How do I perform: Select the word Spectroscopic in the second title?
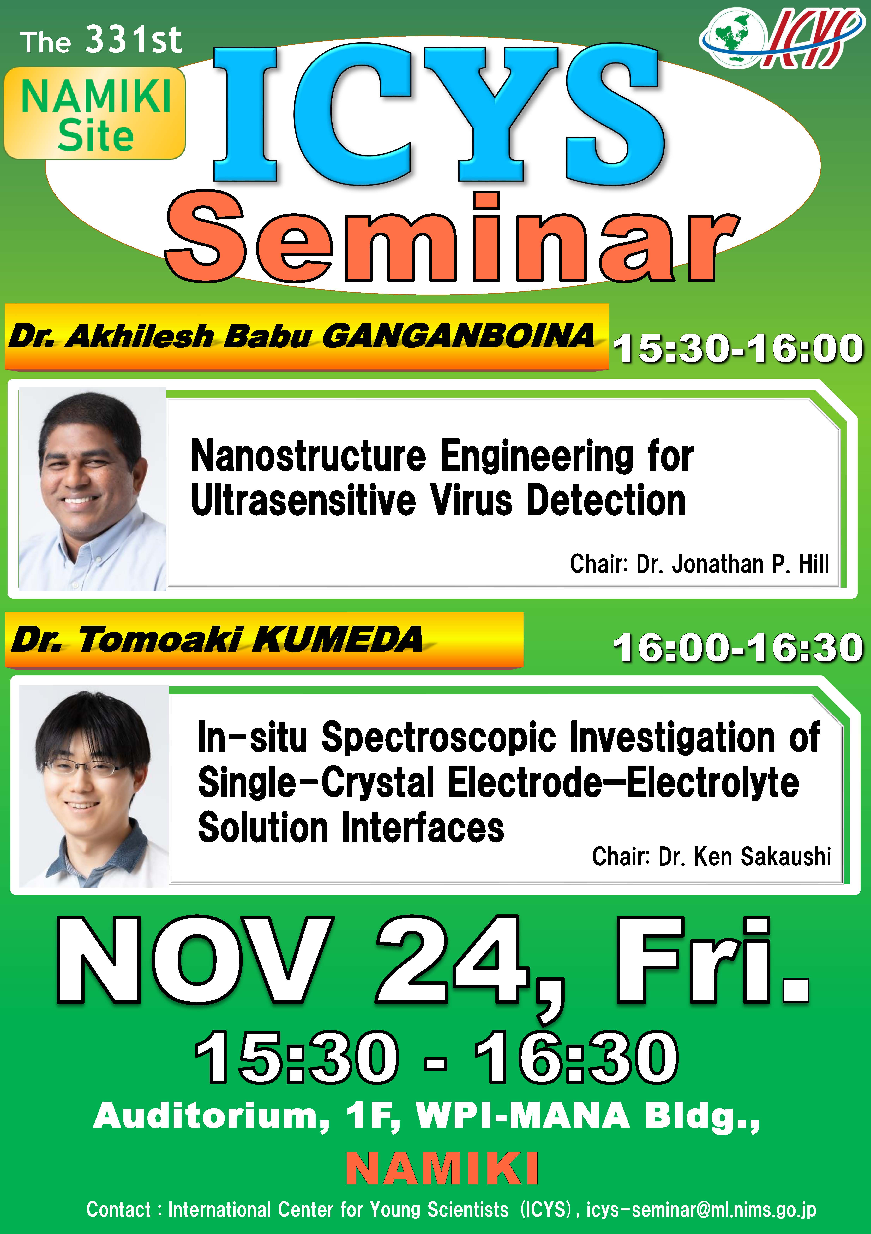pyautogui.click(x=438, y=737)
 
